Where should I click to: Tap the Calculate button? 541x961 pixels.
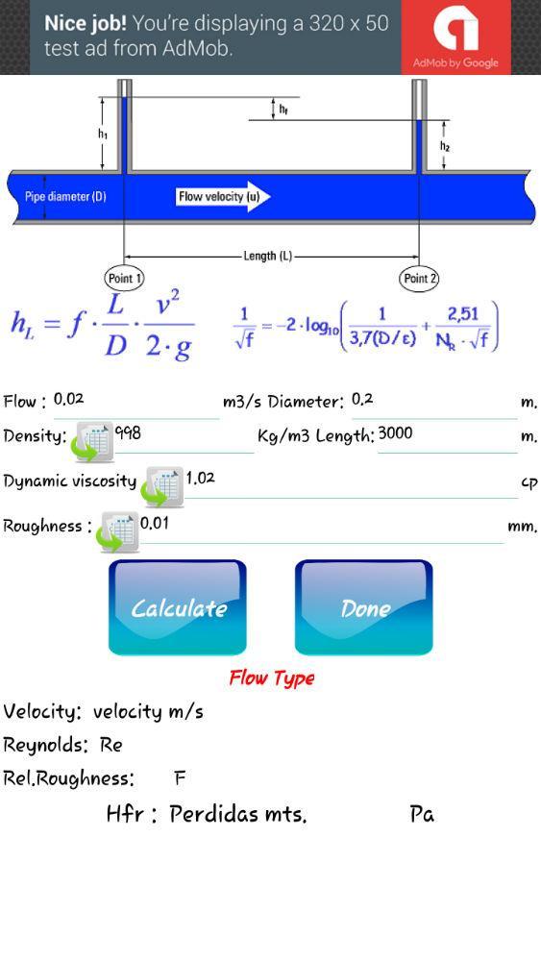click(x=178, y=607)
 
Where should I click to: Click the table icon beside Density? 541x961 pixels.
click(x=93, y=442)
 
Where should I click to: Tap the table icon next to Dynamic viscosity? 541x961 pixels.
click(x=162, y=486)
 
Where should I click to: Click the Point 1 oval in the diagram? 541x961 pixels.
click(x=124, y=279)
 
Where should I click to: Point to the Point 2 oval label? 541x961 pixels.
click(x=420, y=279)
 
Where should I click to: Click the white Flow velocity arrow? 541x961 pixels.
click(x=224, y=197)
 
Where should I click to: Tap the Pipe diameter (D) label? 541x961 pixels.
click(x=65, y=197)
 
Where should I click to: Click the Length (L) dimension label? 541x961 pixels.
click(x=268, y=257)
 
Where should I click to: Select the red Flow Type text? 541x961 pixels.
click(x=272, y=678)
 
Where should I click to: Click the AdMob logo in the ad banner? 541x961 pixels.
click(x=455, y=37)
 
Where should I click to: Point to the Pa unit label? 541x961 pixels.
click(x=422, y=814)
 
